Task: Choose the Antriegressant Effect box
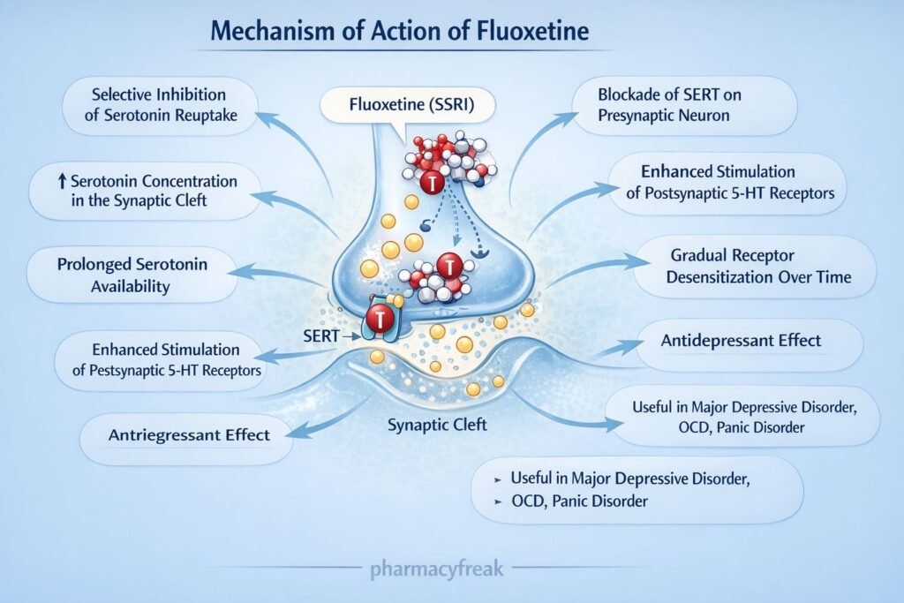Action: point(188,435)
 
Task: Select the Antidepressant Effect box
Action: point(742,340)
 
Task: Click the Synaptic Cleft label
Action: point(437,425)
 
